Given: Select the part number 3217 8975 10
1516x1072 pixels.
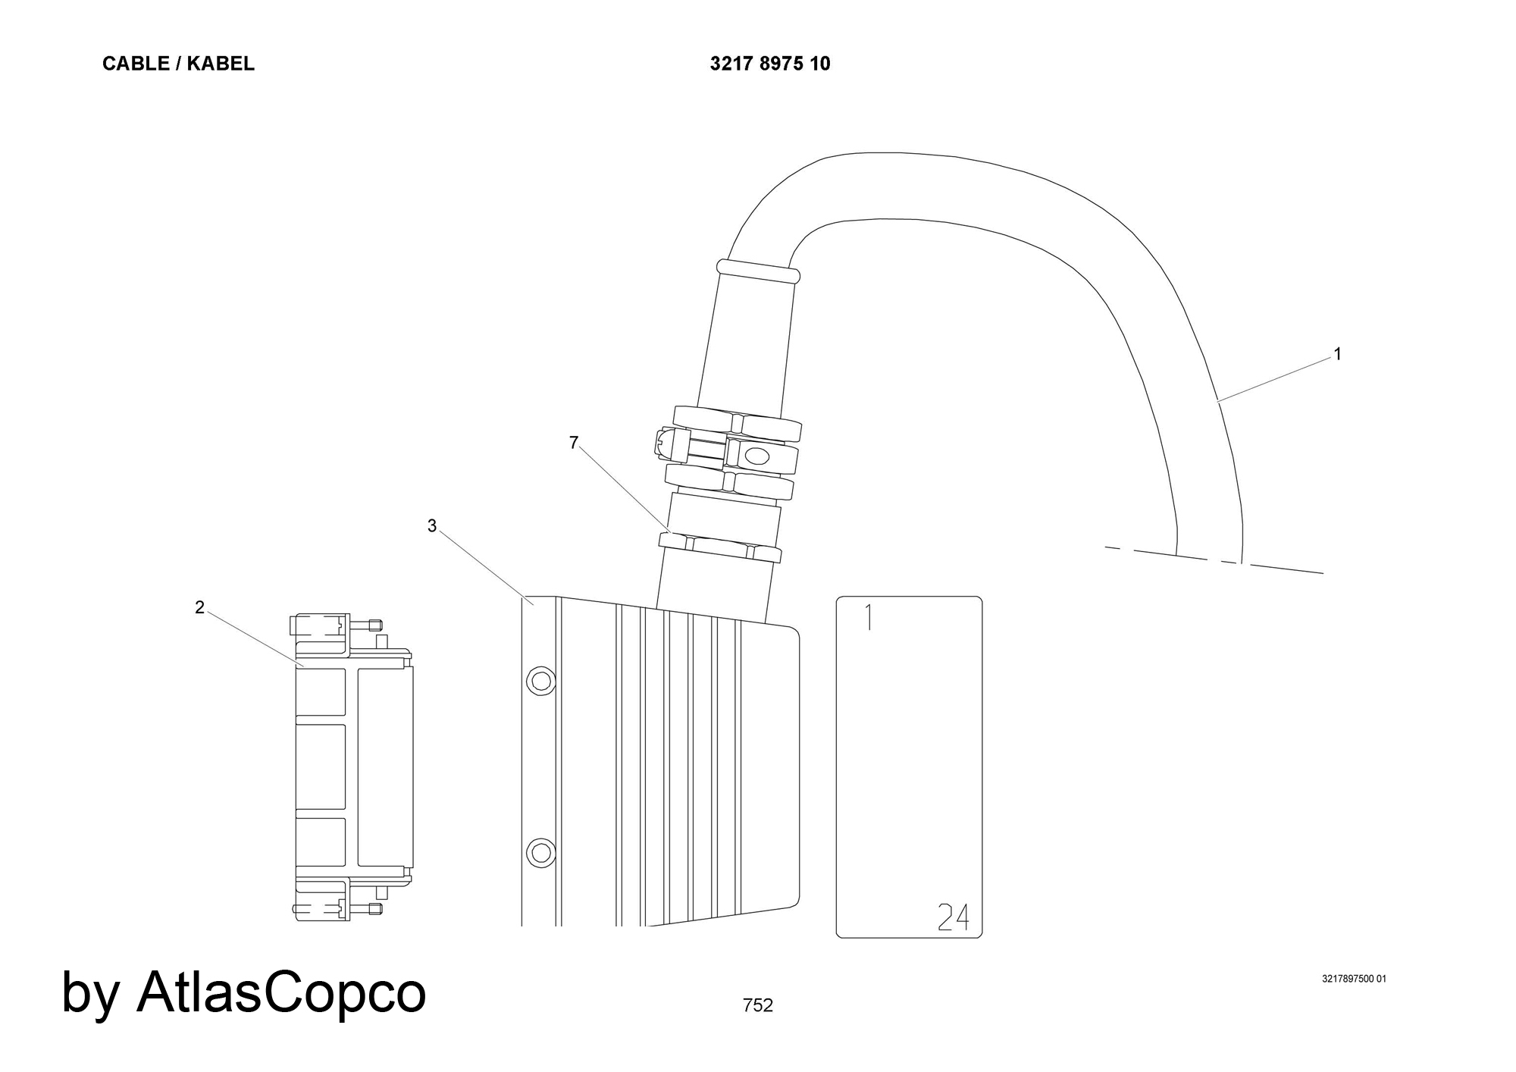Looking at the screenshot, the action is coord(770,64).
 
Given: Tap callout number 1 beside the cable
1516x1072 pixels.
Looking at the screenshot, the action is coord(1338,354).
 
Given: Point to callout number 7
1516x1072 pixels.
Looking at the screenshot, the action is coord(574,443).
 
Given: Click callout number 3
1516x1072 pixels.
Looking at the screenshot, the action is coord(432,526).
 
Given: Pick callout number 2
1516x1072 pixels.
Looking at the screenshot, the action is coord(199,607).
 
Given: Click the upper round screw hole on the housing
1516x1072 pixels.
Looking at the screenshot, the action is coord(540,681).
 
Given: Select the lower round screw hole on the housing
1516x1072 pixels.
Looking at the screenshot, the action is coord(540,853).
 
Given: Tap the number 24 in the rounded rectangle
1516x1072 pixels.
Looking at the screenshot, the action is coord(953,917).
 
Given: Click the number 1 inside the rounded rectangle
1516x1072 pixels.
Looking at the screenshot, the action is coord(869,618).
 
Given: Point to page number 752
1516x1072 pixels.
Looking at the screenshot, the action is coord(758,1005).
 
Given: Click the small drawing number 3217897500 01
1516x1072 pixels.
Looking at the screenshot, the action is coord(1354,979).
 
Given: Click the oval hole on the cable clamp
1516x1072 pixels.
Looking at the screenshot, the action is coord(758,456).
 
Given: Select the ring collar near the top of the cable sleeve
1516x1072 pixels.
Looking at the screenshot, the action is coord(756,272).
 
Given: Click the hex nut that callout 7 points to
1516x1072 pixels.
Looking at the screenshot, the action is coord(719,547).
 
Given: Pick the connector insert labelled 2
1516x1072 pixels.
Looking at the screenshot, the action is coord(353,766).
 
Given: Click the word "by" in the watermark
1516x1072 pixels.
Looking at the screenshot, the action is coord(90,995).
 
